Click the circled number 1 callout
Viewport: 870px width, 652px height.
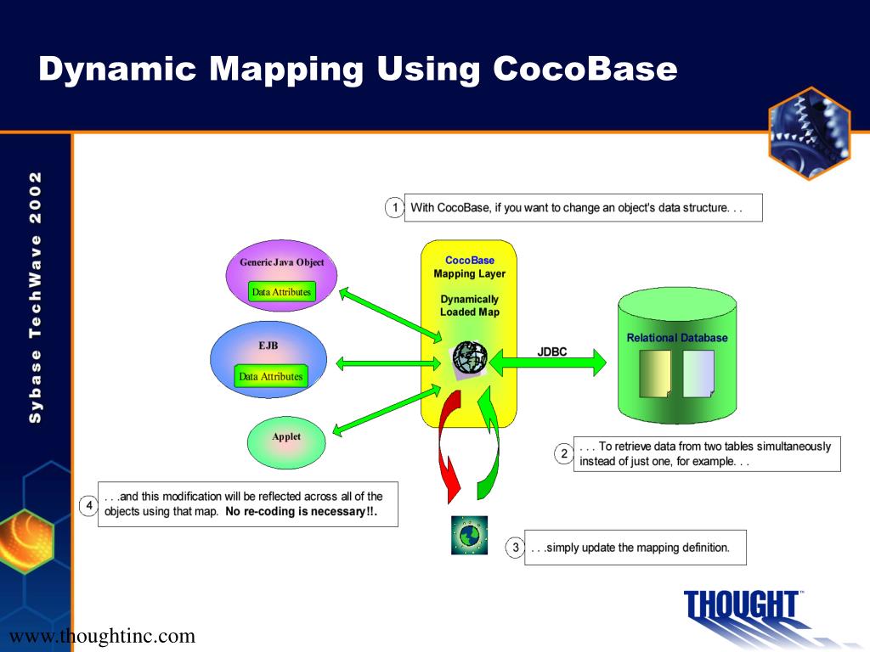click(394, 207)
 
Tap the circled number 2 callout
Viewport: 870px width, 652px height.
click(563, 453)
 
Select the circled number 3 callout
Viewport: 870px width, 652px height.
click(515, 548)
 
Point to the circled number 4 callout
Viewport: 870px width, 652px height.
click(89, 506)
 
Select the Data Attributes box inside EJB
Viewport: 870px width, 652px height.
click(270, 376)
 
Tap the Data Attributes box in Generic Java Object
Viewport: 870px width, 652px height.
click(281, 292)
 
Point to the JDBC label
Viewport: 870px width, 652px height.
click(551, 351)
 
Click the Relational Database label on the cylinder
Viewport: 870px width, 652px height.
click(677, 338)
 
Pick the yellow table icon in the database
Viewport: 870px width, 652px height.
click(655, 374)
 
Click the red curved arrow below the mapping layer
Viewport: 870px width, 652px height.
click(447, 450)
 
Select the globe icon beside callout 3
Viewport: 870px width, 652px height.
click(469, 535)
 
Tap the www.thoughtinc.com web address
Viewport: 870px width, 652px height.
click(102, 636)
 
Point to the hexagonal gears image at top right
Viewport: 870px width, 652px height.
click(809, 133)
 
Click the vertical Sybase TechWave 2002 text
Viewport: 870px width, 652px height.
click(36, 297)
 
